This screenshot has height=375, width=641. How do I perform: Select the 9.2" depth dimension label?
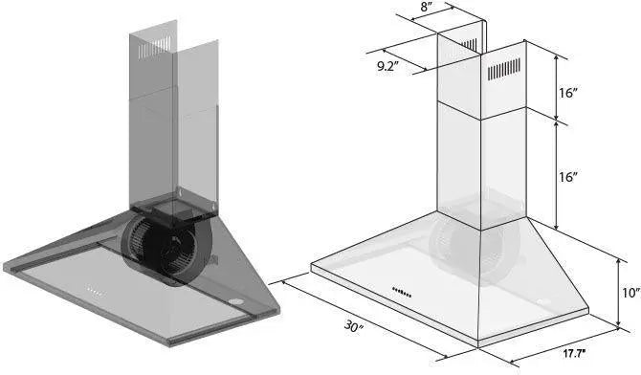[x=387, y=66]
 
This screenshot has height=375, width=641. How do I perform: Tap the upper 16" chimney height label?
[x=569, y=93]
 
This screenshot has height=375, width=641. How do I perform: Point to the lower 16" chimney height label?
[x=569, y=177]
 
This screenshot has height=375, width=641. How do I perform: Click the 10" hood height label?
[x=628, y=294]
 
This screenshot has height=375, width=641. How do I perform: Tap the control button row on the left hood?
[x=94, y=290]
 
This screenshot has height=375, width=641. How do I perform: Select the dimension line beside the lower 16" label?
[x=557, y=172]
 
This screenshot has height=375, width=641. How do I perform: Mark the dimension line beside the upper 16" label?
[x=557, y=81]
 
